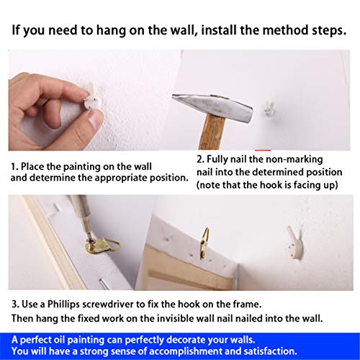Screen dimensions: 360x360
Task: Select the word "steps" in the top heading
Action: [328, 30]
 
